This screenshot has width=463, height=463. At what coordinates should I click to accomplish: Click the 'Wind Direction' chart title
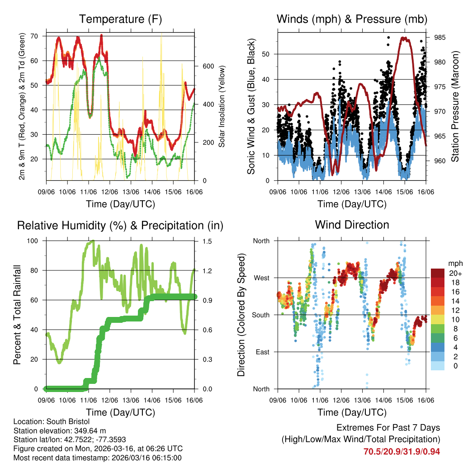click(x=352, y=224)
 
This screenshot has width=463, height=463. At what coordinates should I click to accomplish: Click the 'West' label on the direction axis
click(x=261, y=278)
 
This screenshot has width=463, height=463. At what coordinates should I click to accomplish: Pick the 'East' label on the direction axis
click(x=261, y=352)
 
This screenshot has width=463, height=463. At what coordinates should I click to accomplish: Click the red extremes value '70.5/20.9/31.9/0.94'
click(x=402, y=451)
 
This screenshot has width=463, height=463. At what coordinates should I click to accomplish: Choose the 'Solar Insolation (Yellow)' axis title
click(x=222, y=107)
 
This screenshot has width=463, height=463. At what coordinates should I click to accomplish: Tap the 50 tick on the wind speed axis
click(x=266, y=54)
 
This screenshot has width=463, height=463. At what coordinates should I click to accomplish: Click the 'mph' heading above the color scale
click(x=455, y=263)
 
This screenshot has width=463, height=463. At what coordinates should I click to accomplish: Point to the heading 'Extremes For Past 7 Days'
click(x=388, y=428)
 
